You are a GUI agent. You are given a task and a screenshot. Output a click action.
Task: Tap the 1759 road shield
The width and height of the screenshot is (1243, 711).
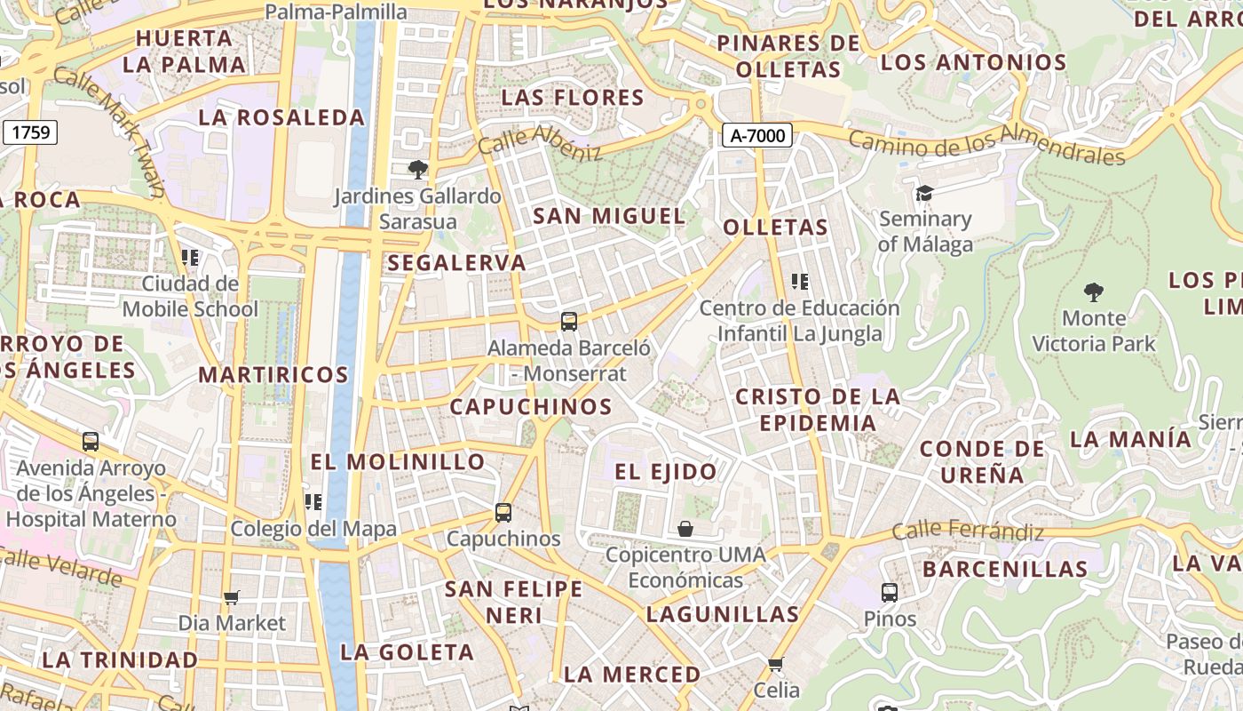click(x=31, y=133)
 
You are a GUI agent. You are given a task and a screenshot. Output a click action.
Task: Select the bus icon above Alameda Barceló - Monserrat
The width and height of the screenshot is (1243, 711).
click(x=569, y=321)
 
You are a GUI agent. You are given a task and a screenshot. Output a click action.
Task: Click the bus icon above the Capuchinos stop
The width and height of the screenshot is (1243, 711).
click(x=503, y=512)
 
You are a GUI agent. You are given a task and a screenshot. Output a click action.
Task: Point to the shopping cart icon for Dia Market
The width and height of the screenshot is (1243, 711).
click(x=232, y=597)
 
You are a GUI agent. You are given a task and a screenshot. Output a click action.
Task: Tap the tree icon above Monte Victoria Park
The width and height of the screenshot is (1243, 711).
click(x=1094, y=292)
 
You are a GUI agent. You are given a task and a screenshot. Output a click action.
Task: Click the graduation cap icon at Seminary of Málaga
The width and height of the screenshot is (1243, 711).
click(x=924, y=193)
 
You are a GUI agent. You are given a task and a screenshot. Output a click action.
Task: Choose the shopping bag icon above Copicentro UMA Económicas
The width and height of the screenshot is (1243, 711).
click(x=685, y=529)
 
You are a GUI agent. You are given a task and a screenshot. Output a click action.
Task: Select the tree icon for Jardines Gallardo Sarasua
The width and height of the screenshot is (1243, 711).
click(x=417, y=169)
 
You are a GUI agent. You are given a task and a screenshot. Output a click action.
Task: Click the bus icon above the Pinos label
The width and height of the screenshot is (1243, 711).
click(x=890, y=592)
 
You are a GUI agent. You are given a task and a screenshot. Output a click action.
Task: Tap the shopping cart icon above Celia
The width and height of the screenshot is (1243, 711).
click(x=776, y=664)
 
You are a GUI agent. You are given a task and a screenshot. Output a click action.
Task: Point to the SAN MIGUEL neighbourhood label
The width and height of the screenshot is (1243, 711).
click(x=609, y=216)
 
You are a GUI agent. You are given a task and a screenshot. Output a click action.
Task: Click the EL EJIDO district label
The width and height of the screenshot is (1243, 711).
click(x=666, y=472)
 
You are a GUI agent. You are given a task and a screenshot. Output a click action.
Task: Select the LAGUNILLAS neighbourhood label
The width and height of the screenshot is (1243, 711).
click(x=723, y=614)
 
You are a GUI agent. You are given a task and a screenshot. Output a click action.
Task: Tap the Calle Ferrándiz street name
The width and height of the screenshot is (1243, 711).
click(x=968, y=532)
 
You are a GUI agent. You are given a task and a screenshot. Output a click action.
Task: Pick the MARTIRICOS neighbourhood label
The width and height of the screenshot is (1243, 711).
click(x=273, y=374)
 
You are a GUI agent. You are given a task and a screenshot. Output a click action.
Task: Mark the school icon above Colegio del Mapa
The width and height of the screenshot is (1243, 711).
click(x=313, y=502)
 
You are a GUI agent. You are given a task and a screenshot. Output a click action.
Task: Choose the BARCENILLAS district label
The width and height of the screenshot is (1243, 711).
click(x=1005, y=569)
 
